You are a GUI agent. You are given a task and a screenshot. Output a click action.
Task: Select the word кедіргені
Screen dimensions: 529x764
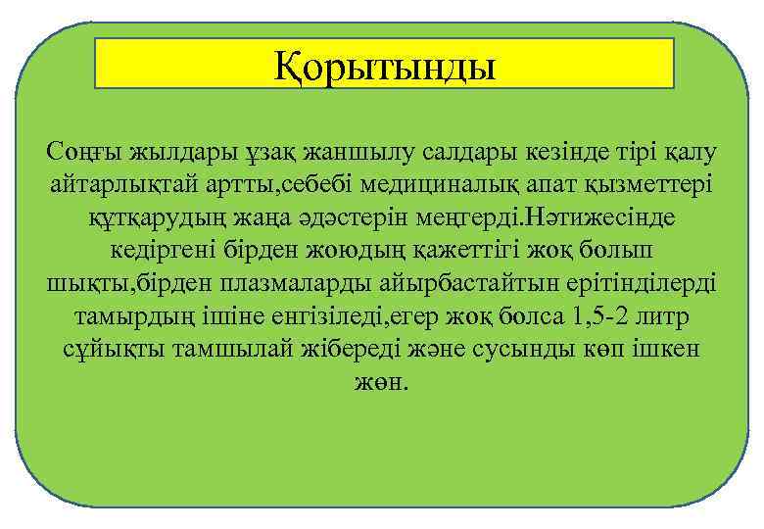pos(184,250)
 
